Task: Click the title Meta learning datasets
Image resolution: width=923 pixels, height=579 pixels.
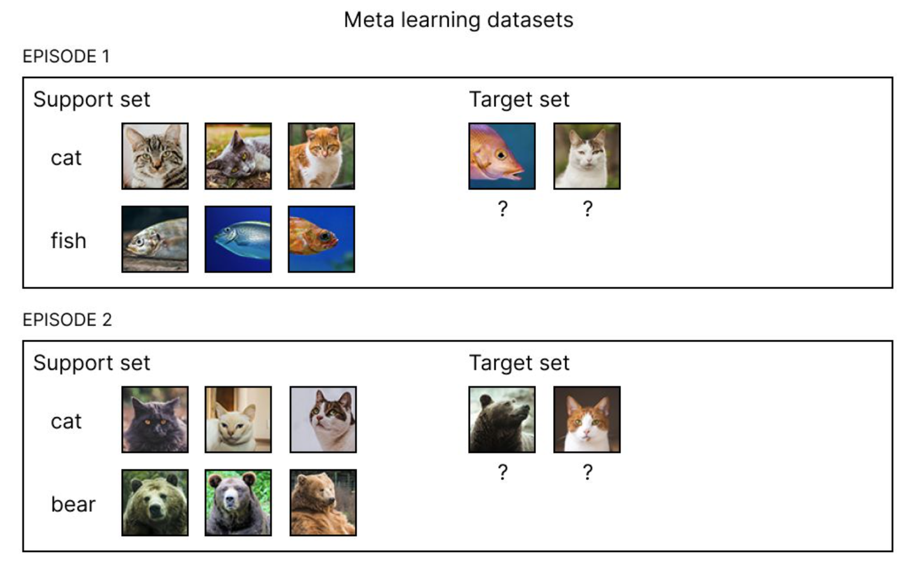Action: tap(458, 20)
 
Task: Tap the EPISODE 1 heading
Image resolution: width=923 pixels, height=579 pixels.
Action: tap(66, 56)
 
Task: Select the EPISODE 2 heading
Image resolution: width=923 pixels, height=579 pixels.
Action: tap(67, 320)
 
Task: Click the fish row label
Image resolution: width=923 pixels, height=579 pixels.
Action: tap(69, 241)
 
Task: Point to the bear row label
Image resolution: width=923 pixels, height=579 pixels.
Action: tap(73, 505)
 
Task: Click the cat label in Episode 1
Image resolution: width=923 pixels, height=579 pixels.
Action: tap(66, 158)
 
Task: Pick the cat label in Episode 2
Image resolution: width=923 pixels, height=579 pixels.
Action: tap(66, 421)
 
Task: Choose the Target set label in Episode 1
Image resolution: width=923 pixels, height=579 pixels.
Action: tap(519, 99)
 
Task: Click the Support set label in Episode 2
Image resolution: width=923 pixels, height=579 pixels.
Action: tap(92, 363)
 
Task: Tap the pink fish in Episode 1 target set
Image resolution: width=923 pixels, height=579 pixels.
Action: tap(502, 156)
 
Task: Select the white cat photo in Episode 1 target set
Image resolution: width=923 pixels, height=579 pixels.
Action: tap(586, 156)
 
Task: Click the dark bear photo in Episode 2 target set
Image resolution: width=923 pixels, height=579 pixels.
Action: tap(502, 420)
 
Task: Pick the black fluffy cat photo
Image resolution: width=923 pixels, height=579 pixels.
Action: tap(155, 420)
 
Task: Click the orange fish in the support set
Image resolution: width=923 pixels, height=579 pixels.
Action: tap(321, 239)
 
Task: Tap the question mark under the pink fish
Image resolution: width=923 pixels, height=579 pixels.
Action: tap(503, 209)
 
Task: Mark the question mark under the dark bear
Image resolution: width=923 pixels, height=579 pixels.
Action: tap(503, 473)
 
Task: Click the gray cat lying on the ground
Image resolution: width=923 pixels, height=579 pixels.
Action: tap(238, 156)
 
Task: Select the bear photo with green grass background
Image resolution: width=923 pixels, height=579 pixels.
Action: tap(238, 503)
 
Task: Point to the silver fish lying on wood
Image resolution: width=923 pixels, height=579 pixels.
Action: tap(155, 239)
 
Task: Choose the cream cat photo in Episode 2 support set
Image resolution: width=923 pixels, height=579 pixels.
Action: tap(238, 420)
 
